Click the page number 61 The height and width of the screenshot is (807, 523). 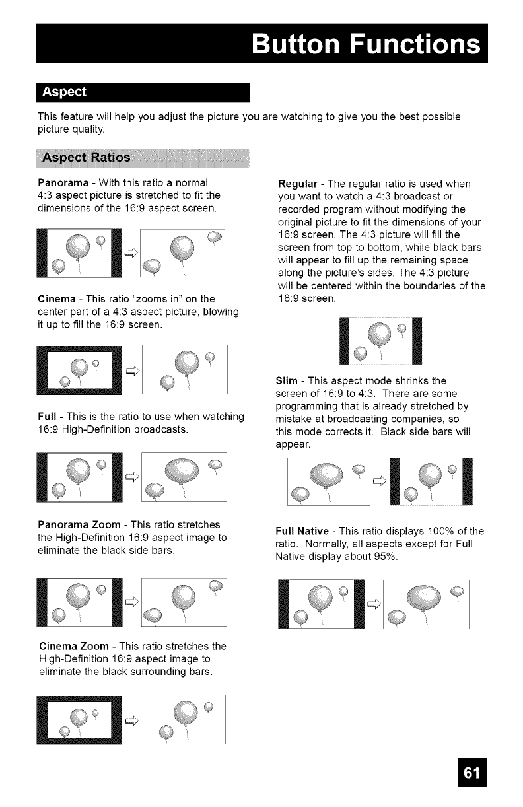click(x=471, y=777)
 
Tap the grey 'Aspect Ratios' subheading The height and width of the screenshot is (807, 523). click(x=87, y=159)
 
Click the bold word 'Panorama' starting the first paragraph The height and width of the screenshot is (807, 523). click(x=63, y=182)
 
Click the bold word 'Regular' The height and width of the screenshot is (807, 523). click(x=300, y=182)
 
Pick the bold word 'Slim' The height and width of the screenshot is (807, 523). click(x=286, y=381)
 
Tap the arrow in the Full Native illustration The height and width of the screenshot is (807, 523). click(x=372, y=602)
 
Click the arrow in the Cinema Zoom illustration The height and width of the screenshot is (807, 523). click(x=131, y=720)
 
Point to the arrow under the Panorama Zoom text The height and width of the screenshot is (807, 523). click(x=131, y=600)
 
